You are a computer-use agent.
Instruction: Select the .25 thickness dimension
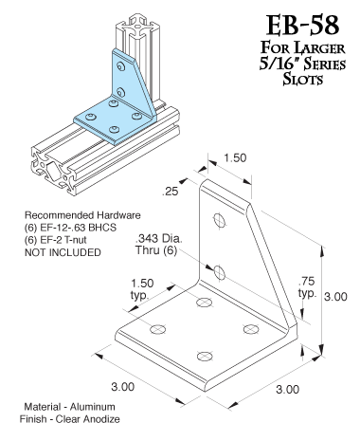pos(171,191)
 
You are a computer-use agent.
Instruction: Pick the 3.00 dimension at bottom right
pos(287,389)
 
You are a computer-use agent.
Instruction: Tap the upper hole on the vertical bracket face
pos(219,222)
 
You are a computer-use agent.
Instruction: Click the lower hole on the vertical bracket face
pos(219,273)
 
